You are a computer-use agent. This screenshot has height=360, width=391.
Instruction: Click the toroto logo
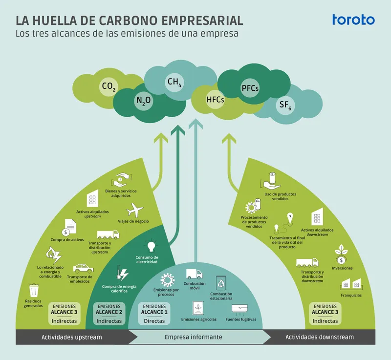pos(353,20)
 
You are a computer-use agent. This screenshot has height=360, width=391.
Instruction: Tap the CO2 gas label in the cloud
pos(109,87)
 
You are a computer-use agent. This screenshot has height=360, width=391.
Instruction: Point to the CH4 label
pos(174,82)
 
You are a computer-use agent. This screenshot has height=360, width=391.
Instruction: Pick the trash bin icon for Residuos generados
pos(34,291)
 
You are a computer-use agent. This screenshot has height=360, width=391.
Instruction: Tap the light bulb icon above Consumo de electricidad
pos(151,246)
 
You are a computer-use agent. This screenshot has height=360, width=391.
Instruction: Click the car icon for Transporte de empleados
pos(84,268)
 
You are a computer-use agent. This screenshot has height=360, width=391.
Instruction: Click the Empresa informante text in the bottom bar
pos(193,337)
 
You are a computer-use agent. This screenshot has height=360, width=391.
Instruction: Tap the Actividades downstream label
pos(319,337)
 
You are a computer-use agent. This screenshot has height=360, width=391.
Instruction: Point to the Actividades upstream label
pos(72,337)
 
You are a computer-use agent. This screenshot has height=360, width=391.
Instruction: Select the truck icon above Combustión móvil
pos(194,275)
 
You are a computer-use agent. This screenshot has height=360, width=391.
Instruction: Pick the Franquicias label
pos(351,296)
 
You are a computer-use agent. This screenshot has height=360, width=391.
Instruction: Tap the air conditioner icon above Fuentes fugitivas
pos(240,309)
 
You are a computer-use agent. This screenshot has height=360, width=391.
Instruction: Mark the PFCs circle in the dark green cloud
pos(250,88)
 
